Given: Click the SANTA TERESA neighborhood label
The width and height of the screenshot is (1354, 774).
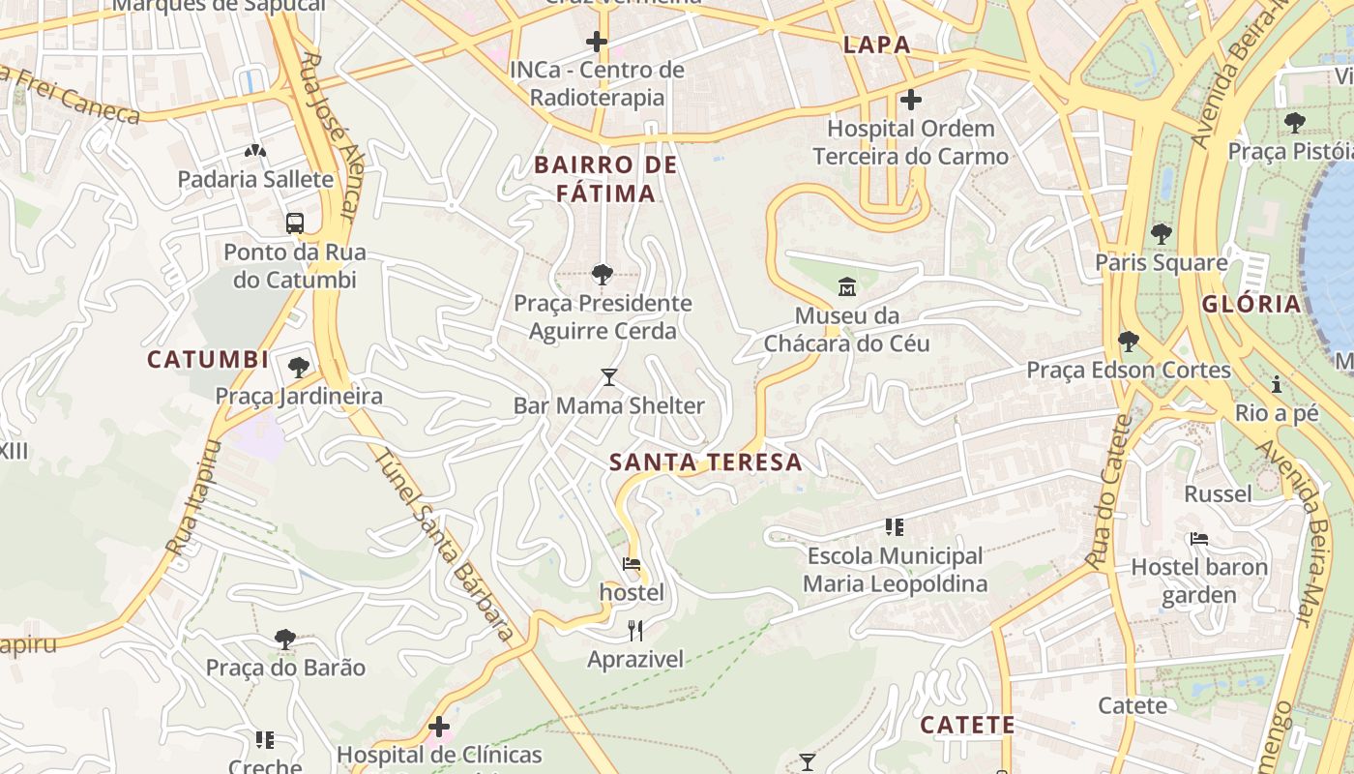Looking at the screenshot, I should tap(706, 462).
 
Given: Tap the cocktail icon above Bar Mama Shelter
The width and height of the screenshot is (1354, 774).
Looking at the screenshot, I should tap(608, 376).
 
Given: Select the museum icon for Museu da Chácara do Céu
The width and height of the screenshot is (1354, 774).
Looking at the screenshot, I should tap(847, 286).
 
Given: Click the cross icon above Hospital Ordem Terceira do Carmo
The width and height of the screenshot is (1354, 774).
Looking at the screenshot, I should tap(910, 100).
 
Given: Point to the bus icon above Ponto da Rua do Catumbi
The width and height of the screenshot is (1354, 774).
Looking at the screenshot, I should tap(295, 223).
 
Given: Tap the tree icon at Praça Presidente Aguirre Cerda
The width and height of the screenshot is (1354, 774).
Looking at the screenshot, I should tap(602, 275).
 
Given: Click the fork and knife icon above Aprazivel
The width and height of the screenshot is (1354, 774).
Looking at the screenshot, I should tap(635, 631).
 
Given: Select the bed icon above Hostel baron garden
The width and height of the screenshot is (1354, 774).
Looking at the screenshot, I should tap(1199, 539).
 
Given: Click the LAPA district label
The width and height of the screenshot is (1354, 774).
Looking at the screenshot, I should tap(876, 45).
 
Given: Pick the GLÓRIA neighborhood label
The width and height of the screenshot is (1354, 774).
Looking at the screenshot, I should tap(1251, 304).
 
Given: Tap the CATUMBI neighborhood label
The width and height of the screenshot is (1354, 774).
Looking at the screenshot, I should tap(208, 360).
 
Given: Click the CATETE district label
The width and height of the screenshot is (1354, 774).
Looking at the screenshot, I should tap(967, 725).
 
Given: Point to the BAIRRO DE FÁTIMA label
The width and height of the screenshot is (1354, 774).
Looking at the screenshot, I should tap(606, 179).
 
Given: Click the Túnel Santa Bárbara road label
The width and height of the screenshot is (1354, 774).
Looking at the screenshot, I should tap(444, 547).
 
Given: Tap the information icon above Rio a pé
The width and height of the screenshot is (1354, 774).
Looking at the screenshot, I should tap(1277, 385).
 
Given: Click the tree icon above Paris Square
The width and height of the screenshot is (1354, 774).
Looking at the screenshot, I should tap(1161, 234).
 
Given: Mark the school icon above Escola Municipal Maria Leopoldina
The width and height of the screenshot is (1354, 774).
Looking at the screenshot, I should tap(895, 527).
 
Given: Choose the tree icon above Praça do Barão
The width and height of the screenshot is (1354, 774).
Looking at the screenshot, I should tap(284, 640).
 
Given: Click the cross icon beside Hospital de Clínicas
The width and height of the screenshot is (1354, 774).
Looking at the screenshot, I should tap(439, 726).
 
